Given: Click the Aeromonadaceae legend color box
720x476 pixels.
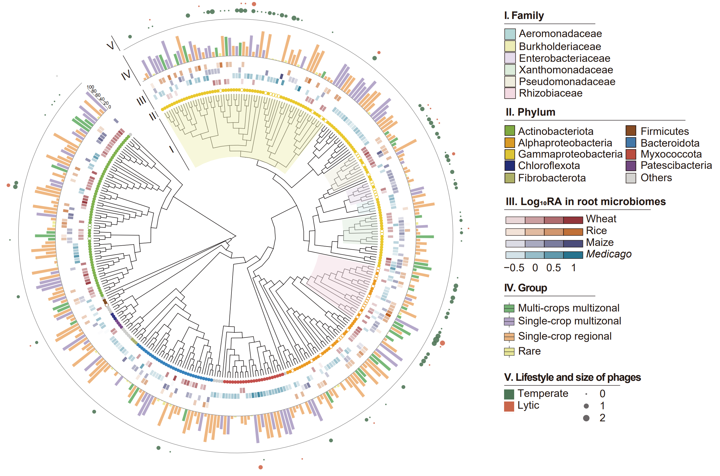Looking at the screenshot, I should pos(510,34).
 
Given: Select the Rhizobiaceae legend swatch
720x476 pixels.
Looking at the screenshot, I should pos(510,93).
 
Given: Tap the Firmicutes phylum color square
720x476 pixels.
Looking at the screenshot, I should pos(631,131).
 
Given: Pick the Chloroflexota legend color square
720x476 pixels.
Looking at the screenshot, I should pos(510,166).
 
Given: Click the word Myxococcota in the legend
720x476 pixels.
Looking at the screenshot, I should pos(671,154).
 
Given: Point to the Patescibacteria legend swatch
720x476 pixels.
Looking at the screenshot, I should pos(631,166).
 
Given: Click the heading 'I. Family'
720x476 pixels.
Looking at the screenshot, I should pos(524,16).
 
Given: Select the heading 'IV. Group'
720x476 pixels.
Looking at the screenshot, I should pos(525,288).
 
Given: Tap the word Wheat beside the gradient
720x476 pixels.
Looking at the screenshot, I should pos(601,219).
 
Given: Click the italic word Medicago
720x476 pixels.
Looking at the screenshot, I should pos(609,254).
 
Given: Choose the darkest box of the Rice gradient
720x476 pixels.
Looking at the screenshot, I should pos(573,232).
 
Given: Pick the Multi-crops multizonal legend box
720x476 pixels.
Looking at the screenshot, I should pos(509,308).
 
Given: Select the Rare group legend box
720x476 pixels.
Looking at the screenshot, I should pos(509,351).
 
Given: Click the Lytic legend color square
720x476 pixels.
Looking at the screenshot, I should pos(509,406).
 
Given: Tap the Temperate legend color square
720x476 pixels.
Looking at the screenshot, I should pos(509,394).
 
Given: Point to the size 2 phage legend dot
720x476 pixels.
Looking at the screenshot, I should pos(586,418).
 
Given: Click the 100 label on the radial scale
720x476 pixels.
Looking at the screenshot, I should pos(90,87).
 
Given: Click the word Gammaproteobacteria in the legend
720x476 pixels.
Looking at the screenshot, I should pos(570,154).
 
